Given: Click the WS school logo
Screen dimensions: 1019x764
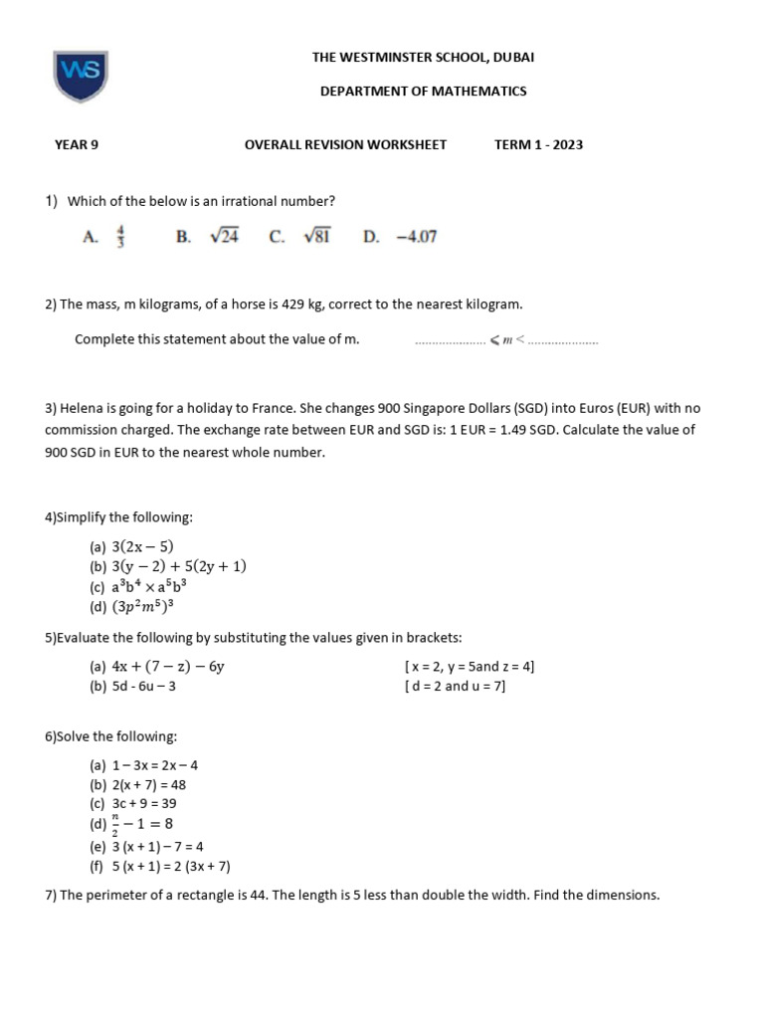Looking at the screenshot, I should coord(81,77).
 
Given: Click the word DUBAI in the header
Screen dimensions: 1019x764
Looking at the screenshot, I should coord(513,58).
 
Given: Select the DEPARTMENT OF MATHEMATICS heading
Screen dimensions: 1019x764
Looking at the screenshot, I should coord(423,92).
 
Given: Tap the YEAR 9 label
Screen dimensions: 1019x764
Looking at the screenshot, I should coord(77,144).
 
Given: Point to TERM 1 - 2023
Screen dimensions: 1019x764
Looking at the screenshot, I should coord(538,144).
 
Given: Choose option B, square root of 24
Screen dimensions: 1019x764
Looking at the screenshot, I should coord(224,237).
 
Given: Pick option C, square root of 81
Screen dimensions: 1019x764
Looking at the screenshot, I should coord(317,237).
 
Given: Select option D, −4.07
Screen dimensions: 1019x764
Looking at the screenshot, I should coord(415,237).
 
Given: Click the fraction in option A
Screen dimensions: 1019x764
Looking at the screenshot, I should coord(120,237).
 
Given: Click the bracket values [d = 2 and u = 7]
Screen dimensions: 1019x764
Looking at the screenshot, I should coord(455,687).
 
